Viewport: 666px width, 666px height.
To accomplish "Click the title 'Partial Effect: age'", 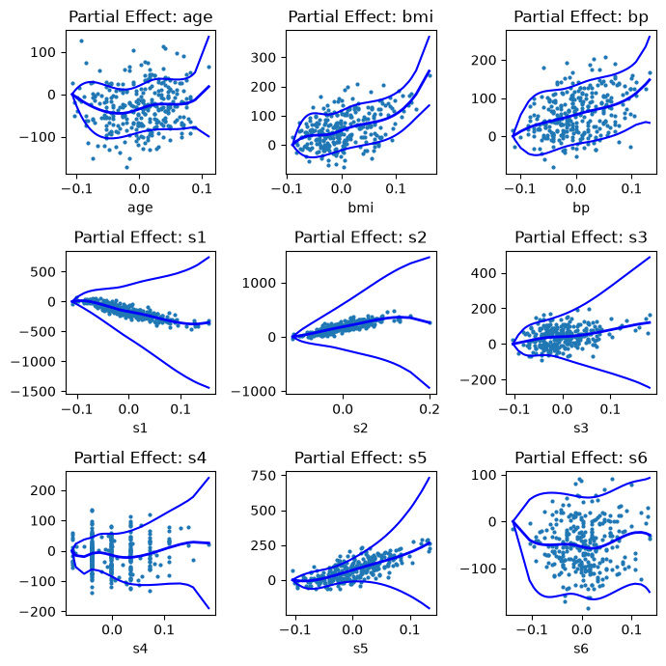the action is point(140,17).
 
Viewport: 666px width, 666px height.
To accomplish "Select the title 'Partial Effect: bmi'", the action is point(361,17).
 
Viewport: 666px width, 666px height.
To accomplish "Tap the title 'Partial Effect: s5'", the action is point(361,458).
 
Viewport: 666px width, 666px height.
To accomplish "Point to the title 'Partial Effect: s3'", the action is point(581,237).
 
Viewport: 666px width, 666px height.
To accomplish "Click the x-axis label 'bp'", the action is point(581,208).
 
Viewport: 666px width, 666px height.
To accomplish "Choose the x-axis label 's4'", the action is point(140,649).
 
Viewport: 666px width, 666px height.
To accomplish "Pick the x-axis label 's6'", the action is point(581,649).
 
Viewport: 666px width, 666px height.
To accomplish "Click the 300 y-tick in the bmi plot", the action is point(264,57).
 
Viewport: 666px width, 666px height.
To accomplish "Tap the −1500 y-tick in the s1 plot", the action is point(34,391).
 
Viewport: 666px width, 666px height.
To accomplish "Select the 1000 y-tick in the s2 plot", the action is point(260,283).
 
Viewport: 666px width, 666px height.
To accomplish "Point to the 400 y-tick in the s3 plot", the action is point(484,273).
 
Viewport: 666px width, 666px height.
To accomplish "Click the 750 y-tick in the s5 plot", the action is point(264,475).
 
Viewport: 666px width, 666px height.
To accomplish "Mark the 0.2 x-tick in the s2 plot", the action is point(430,409).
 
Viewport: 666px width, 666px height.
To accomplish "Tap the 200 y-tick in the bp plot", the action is point(484,60).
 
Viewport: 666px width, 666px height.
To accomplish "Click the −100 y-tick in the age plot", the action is point(38,137).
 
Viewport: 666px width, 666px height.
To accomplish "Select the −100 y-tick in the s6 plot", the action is point(479,569).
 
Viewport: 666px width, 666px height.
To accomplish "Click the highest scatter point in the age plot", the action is point(81,42).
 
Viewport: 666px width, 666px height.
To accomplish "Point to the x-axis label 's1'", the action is point(140,428).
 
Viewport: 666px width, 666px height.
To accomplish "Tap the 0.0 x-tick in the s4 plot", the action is point(112,629).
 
